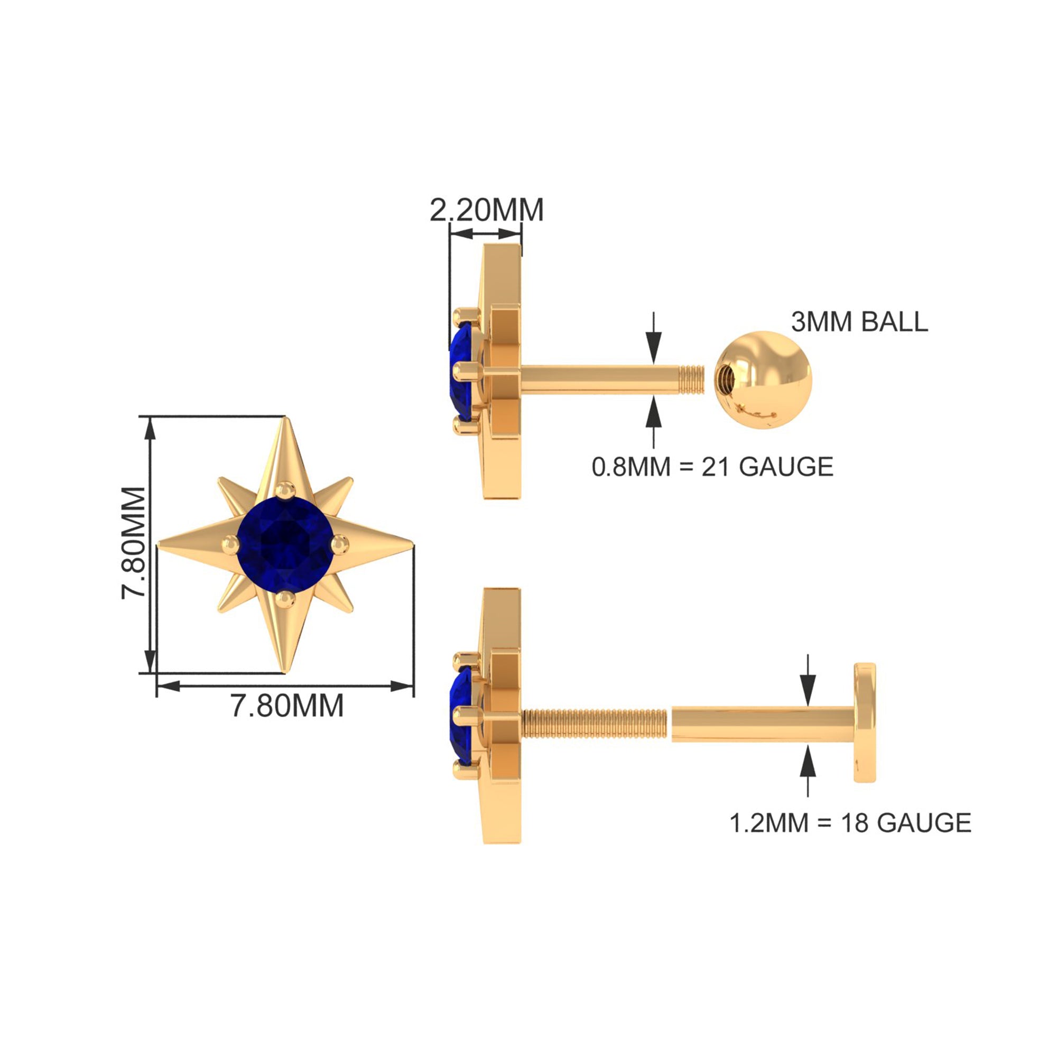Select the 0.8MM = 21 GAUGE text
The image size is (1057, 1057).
(712, 467)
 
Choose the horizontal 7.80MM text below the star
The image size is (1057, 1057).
(287, 705)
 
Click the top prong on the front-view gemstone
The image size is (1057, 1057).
(284, 490)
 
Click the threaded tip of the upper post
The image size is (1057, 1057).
(691, 378)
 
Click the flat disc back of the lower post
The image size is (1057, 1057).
(865, 722)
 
